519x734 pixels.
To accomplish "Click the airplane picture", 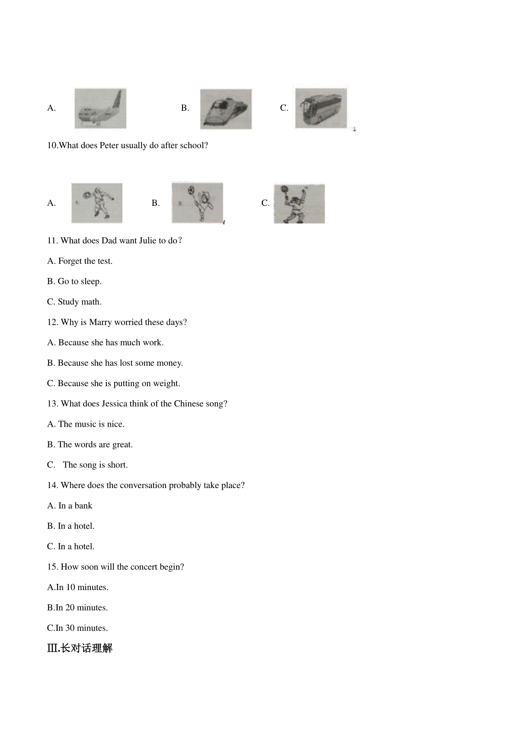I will click(100, 109).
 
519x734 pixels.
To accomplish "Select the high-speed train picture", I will click(226, 109).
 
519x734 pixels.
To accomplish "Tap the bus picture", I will click(321, 108).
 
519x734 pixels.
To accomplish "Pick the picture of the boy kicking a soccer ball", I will click(197, 203).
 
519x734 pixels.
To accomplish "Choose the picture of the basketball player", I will click(299, 204).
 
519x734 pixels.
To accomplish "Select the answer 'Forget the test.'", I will click(85, 261).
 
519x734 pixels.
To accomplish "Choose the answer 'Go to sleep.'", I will click(80, 281).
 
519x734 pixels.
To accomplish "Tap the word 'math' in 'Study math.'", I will click(90, 302).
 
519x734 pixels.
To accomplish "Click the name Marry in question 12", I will click(100, 322).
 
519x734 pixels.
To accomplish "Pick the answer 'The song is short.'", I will click(95, 465).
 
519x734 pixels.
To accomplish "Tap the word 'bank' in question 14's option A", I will click(83, 506).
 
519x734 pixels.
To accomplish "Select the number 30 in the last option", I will click(70, 628).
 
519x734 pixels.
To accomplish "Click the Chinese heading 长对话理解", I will click(86, 648).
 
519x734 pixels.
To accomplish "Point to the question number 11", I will click(52, 241).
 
